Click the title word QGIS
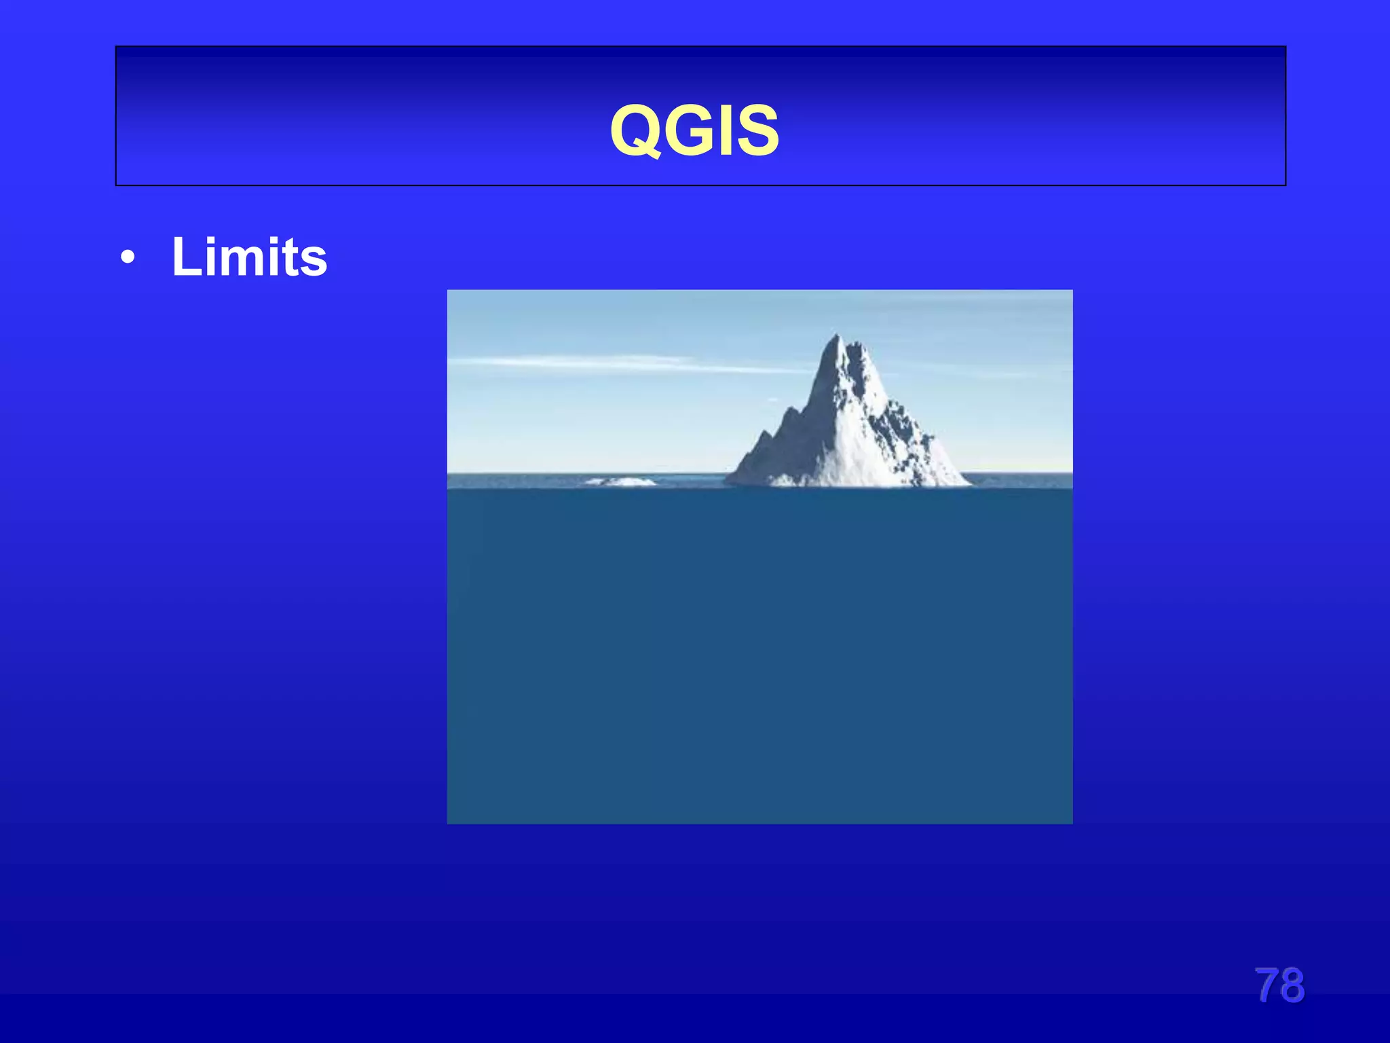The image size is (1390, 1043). [x=694, y=130]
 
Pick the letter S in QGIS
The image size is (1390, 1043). [x=757, y=130]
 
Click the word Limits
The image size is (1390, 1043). [x=249, y=257]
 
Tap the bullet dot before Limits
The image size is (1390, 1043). [x=127, y=259]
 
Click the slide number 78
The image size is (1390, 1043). [x=1279, y=985]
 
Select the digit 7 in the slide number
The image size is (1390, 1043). [x=1266, y=985]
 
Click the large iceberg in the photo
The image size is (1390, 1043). [x=848, y=428]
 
